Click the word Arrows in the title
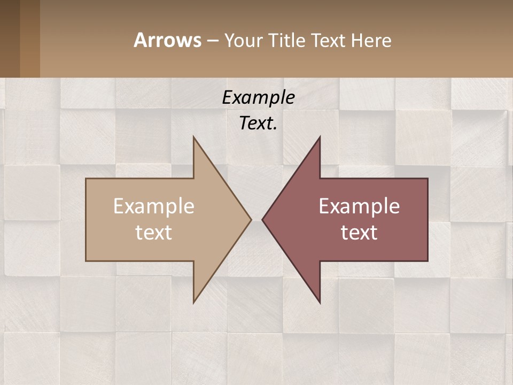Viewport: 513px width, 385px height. (167, 40)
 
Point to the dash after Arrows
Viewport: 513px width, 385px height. (212, 41)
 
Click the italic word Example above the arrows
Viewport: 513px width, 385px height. (258, 97)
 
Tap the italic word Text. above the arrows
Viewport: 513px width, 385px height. (258, 124)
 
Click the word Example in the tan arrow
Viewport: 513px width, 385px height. (154, 206)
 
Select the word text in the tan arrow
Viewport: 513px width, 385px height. (154, 233)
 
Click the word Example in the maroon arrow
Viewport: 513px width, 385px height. (359, 206)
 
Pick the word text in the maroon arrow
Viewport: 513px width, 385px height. (359, 233)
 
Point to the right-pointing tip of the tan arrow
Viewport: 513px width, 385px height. (250, 219)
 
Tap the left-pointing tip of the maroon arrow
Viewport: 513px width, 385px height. (263, 219)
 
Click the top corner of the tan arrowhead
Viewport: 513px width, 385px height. (194, 138)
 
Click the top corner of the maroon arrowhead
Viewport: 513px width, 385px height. (320, 138)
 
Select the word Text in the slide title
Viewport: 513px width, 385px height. (329, 40)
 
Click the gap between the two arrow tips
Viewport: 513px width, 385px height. (256, 219)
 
